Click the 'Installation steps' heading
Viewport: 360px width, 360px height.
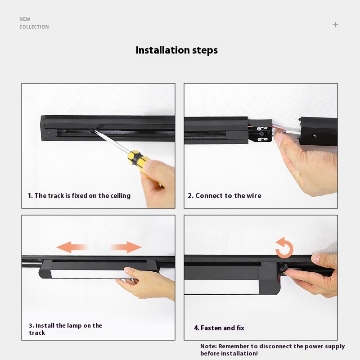click(x=176, y=50)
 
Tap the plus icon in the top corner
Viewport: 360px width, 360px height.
click(x=335, y=25)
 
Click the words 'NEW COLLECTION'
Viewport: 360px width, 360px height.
click(x=34, y=23)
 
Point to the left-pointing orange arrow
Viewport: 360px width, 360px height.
click(x=72, y=247)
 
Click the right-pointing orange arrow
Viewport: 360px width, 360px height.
click(x=126, y=247)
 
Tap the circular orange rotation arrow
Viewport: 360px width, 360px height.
click(x=285, y=248)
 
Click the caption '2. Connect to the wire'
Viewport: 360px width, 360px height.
click(x=224, y=196)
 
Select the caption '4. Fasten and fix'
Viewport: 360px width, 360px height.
click(x=219, y=328)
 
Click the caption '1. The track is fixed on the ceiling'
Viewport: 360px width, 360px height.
click(x=79, y=196)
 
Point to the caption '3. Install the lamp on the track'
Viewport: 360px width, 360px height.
click(x=65, y=329)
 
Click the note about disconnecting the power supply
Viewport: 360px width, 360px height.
click(x=272, y=350)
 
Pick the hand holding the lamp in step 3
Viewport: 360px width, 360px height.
click(x=147, y=283)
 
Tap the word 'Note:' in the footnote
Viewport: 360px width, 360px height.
click(x=208, y=346)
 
